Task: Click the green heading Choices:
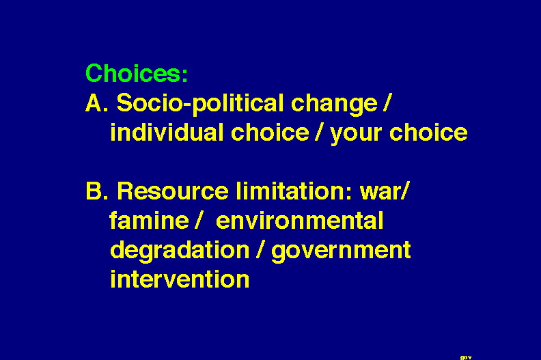[137, 73]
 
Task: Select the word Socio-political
[199, 105]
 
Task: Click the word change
[334, 105]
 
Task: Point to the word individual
[167, 132]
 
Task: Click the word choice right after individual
[270, 132]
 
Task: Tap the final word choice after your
[428, 132]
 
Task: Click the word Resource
[173, 191]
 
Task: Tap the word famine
[150, 220]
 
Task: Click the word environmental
[299, 220]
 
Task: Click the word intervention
[180, 279]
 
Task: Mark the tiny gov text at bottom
[466, 357]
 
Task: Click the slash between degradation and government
[260, 250]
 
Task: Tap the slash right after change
[387, 103]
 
